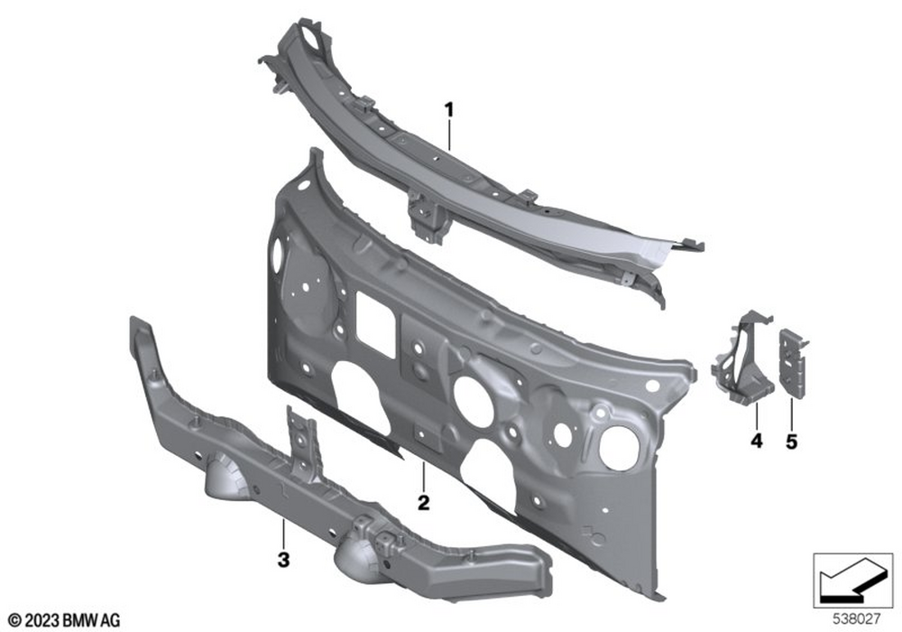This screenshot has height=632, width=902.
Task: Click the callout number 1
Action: tap(448, 109)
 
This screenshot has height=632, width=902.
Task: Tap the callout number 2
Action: tap(424, 503)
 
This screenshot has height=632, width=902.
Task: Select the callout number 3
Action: tap(283, 559)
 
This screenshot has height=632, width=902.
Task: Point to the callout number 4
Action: tap(757, 441)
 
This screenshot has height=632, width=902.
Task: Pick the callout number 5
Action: tap(792, 442)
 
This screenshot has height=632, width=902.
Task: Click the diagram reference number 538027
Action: tap(857, 619)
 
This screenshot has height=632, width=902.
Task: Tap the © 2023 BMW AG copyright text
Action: tap(64, 620)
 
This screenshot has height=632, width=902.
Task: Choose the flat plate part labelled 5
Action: tap(793, 363)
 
